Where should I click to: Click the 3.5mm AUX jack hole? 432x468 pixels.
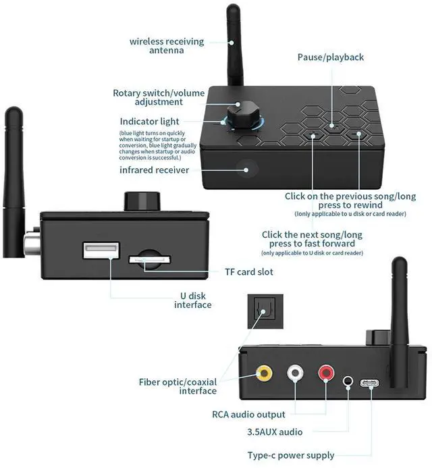[348, 382]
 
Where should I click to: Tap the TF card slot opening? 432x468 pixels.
[148, 259]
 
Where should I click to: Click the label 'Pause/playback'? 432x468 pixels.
[331, 57]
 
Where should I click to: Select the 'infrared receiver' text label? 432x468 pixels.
[155, 170]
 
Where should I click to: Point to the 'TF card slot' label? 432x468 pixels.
[249, 272]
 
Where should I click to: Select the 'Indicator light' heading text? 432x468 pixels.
[149, 122]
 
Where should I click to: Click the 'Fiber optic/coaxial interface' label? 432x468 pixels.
[178, 386]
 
